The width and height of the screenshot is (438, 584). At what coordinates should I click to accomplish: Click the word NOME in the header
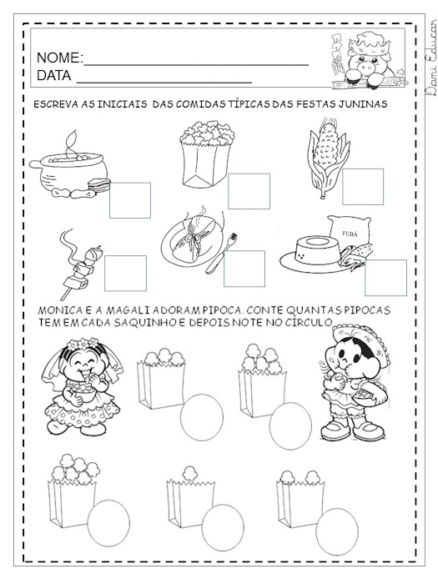tap(58, 58)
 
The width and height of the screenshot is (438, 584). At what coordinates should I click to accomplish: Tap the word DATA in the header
tap(53, 76)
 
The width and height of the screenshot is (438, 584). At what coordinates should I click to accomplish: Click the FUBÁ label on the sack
tap(349, 234)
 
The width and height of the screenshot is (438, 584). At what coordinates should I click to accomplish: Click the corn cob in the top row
tap(328, 158)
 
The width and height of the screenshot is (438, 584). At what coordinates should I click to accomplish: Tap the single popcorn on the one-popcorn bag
tap(190, 473)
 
